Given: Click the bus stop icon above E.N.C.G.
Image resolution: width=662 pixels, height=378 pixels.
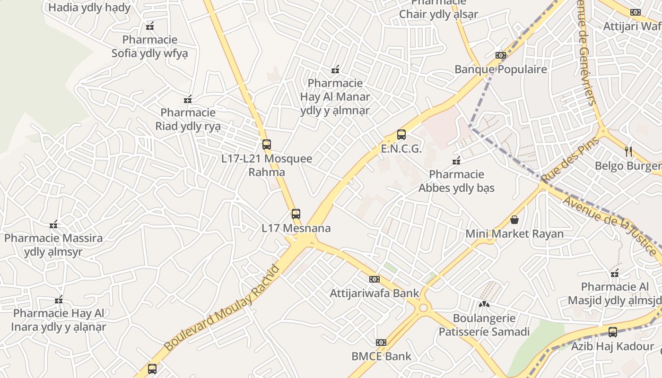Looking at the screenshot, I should tap(401, 135).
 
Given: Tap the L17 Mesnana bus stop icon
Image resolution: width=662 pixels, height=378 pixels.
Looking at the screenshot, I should tap(296, 214).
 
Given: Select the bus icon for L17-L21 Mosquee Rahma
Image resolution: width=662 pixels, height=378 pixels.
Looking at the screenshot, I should tap(267, 145).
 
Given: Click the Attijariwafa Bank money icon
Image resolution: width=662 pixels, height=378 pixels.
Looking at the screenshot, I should tap(374, 279).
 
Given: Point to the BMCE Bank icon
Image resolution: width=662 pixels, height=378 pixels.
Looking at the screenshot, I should tap(381, 342).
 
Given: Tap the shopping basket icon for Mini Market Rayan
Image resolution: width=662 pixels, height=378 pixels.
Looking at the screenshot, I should tap(514, 220).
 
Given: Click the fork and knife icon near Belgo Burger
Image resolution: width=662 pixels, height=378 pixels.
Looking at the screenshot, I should tap(628, 152).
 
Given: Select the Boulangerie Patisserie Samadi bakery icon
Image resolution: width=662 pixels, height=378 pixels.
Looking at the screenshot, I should tap(484, 304).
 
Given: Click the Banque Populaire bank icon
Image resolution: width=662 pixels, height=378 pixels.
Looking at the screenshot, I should tap(500, 55).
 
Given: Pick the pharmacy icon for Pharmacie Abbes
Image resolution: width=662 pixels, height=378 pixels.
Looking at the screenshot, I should tap(456, 161).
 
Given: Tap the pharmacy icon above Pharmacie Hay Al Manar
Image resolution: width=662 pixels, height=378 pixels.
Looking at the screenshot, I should tap(335, 70).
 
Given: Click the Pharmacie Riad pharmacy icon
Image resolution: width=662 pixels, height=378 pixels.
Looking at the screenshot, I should tap(188, 99).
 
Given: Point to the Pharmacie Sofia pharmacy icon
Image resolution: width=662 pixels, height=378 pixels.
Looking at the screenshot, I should tap(150, 26).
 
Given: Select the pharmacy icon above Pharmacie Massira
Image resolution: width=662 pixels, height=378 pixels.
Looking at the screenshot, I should tap(53, 224).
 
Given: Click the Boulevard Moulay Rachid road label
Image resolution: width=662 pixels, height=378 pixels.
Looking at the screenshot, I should tap(222, 308).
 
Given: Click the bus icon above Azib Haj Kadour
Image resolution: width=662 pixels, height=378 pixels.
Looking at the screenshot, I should tap(613, 332).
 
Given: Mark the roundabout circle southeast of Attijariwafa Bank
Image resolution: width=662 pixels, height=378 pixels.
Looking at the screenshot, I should tap(423, 308).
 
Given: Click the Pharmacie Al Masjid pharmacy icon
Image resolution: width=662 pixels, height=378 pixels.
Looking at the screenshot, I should tap(615, 273).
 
